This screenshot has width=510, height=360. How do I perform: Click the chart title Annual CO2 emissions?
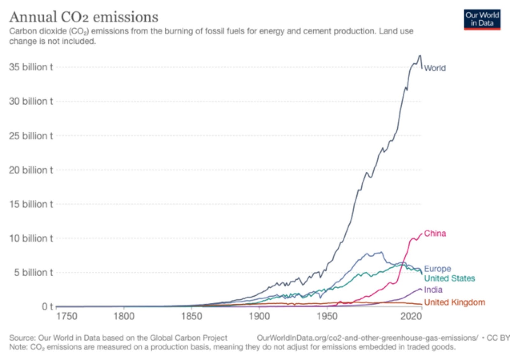pos(84,17)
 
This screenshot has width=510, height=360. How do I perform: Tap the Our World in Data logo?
pos(482,19)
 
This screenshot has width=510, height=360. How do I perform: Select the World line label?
pos(435,68)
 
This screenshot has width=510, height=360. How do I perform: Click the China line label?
pos(435,234)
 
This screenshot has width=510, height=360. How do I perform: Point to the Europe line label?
pos(437,269)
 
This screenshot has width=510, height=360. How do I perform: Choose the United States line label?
pos(449,278)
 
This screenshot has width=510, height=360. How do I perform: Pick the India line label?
pos(433,290)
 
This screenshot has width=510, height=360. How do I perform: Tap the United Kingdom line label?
pos(455,302)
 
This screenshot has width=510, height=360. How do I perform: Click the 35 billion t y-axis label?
pos(31,67)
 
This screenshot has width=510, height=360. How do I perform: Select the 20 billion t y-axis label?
pos(31,170)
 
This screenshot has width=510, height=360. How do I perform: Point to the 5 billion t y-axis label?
pos(33,273)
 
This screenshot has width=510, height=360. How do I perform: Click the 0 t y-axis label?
pos(47,306)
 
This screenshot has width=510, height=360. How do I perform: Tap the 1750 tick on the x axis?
pos(67,316)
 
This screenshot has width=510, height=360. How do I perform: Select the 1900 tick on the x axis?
pos(259,316)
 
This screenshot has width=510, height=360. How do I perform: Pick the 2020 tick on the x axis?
pos(411,316)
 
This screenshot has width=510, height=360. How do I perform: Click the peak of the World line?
pos(420,56)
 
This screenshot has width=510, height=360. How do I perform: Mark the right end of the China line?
pos(422,234)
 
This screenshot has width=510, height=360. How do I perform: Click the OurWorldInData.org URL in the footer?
pos(367,338)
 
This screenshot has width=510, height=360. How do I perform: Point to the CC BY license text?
pos(498,338)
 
